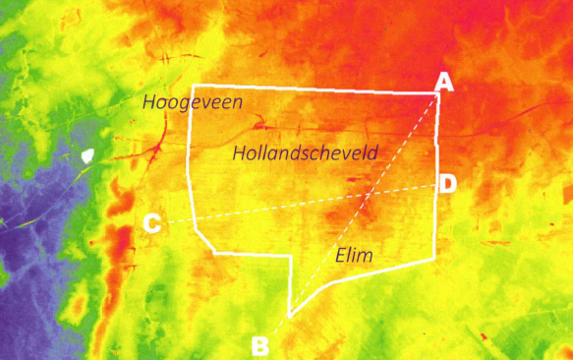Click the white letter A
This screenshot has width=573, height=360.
[444, 82]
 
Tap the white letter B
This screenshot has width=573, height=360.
[260, 345]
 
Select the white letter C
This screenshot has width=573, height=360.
[151, 224]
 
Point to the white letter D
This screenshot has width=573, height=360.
[447, 183]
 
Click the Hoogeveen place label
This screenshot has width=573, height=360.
[192, 101]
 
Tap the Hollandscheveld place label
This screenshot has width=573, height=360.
[306, 152]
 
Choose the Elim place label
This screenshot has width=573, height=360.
[355, 256]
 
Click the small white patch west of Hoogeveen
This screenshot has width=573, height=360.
[88, 154]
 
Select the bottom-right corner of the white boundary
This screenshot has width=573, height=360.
[434, 259]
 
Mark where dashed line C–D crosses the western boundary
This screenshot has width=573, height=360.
[193, 219]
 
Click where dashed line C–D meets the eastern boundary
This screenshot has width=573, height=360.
[435, 185]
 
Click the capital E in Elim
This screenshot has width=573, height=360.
[340, 256]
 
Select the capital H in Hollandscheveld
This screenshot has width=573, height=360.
[240, 152]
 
